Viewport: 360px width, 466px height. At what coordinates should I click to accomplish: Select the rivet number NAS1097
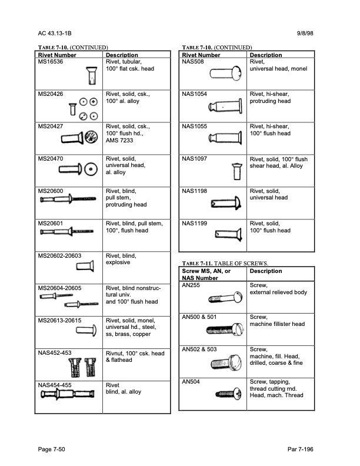(x=195, y=159)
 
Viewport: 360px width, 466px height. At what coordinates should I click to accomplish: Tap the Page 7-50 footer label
(x=53, y=449)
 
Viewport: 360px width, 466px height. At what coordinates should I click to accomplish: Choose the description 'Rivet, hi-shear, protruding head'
(x=270, y=97)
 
